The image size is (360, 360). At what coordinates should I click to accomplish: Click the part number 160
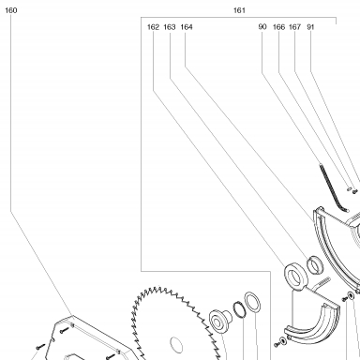point(10,10)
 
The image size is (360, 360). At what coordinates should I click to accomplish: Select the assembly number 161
point(239,10)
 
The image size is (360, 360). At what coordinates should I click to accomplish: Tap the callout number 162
point(153,27)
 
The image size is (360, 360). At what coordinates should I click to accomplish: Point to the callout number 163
point(170,27)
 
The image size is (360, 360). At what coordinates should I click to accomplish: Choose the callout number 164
point(187,27)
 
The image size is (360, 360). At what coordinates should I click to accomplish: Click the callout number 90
point(262,27)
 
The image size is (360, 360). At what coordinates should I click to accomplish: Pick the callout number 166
point(278,27)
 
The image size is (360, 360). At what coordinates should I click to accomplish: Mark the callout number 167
point(294,27)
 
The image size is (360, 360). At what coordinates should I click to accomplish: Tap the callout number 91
point(310,27)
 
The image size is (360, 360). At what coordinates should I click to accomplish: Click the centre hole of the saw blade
point(176,345)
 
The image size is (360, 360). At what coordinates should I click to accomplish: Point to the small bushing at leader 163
point(314,265)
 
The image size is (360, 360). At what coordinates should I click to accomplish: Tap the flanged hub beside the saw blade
point(219,321)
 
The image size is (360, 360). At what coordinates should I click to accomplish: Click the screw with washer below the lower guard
point(280,342)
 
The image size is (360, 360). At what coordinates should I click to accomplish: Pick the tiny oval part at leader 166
point(349,188)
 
